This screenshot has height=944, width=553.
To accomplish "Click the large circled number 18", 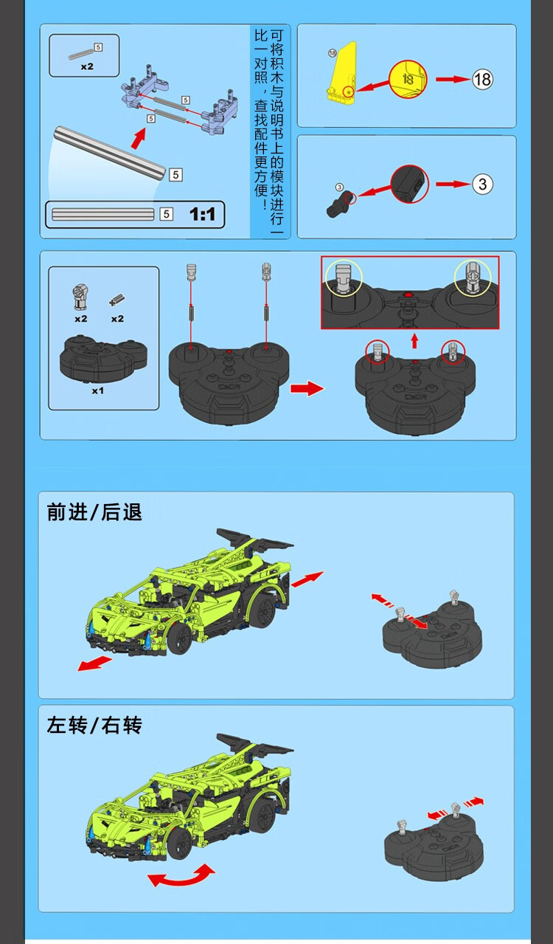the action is [482, 79].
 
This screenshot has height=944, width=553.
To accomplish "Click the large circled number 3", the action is [482, 185].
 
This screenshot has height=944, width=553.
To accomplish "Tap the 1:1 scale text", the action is [203, 214].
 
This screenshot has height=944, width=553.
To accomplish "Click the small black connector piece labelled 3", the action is [338, 205].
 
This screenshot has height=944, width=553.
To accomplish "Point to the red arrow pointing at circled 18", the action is [453, 79].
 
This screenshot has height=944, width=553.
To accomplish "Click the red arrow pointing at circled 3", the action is [453, 185].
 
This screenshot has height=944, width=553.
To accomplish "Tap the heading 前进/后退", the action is [94, 512].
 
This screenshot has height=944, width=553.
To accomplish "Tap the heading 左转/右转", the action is [94, 726].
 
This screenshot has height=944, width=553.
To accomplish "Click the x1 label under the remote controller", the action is [97, 391].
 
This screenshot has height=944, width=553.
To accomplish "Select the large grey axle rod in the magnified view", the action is [110, 154].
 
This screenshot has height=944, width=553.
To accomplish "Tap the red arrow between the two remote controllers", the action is [307, 388].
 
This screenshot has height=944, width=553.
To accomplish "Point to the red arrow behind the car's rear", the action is [307, 579].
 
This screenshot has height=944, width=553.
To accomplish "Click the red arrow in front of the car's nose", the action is [94, 664].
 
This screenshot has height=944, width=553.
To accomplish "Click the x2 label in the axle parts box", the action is [87, 66].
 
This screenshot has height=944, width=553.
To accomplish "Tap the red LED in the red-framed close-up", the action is [408, 294].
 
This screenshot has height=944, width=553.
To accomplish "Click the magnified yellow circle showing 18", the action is [408, 79].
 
